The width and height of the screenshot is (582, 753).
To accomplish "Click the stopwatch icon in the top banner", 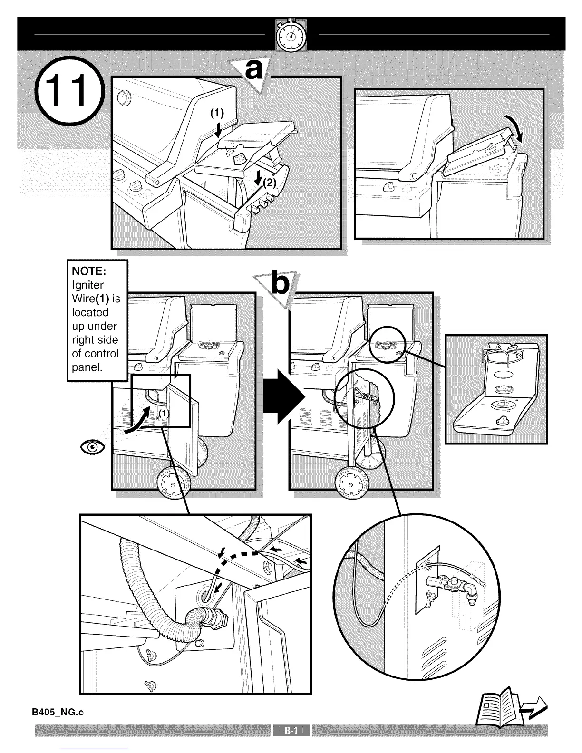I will [291, 35].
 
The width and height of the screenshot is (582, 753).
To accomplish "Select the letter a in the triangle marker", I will [254, 71].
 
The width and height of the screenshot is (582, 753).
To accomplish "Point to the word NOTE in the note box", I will [88, 271].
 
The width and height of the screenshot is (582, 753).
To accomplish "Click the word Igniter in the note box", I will [88, 285].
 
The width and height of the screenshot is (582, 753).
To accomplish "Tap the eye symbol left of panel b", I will [92, 447].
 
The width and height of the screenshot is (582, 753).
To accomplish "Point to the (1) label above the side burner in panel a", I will [217, 113].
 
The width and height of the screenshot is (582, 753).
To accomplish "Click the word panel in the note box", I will [87, 367].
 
